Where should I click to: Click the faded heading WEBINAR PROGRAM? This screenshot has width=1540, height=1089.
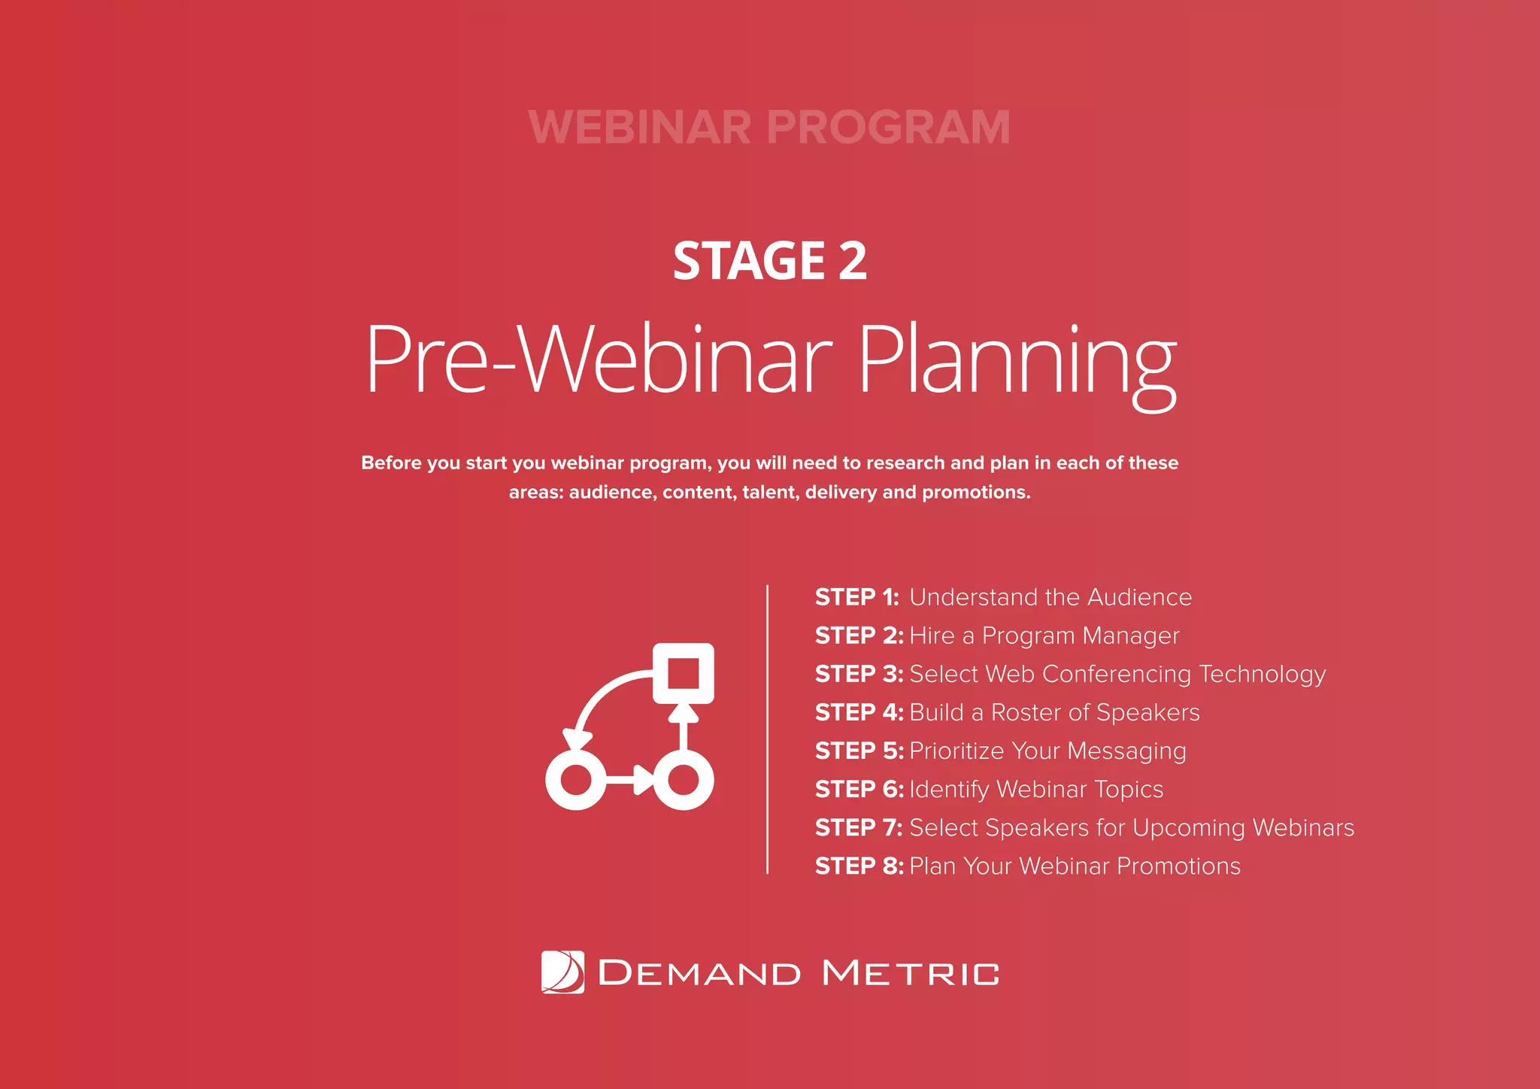[769, 127]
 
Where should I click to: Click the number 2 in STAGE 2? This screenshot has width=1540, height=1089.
[852, 261]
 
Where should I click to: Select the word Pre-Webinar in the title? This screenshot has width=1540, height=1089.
[599, 359]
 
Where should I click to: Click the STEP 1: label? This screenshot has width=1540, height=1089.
[856, 597]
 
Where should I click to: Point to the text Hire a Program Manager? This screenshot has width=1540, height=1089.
[1044, 636]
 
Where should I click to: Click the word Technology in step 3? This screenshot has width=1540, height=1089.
[1262, 674]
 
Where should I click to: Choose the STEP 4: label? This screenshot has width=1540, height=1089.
[858, 712]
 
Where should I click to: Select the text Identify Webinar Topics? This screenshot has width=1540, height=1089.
[1035, 789]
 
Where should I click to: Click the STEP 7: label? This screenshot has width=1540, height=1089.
[858, 827]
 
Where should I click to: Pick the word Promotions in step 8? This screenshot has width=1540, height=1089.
[1178, 866]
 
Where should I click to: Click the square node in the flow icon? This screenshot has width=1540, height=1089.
[683, 673]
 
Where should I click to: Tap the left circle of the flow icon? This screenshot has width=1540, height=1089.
[575, 779]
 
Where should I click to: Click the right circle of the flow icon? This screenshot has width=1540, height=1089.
[683, 779]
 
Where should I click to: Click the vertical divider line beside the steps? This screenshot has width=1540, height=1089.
[767, 730]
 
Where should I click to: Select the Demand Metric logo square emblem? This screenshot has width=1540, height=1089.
[562, 972]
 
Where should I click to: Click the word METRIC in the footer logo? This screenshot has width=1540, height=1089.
[911, 973]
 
